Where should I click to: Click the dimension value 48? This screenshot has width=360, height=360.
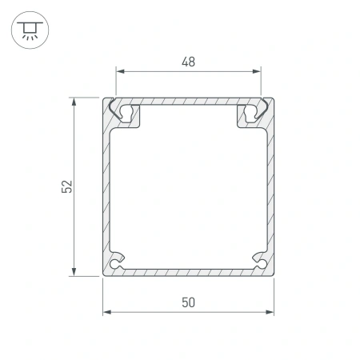(x=189, y=61)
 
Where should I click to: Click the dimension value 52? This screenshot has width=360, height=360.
(x=67, y=186)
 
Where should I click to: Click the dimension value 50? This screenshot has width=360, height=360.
(x=189, y=302)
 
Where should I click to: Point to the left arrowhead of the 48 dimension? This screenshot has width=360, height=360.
(x=121, y=70)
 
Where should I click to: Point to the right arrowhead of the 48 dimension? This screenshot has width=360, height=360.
(x=258, y=70)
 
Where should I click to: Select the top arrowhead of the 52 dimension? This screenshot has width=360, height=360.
(x=75, y=102)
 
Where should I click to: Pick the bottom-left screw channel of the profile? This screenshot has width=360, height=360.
(x=118, y=260)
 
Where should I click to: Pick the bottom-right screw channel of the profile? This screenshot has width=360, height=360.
(x=260, y=260)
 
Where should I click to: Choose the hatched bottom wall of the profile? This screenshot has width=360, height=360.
(x=189, y=271)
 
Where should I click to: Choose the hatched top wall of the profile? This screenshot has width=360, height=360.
(x=189, y=102)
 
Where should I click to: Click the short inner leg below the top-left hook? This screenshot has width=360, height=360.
(x=138, y=118)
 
